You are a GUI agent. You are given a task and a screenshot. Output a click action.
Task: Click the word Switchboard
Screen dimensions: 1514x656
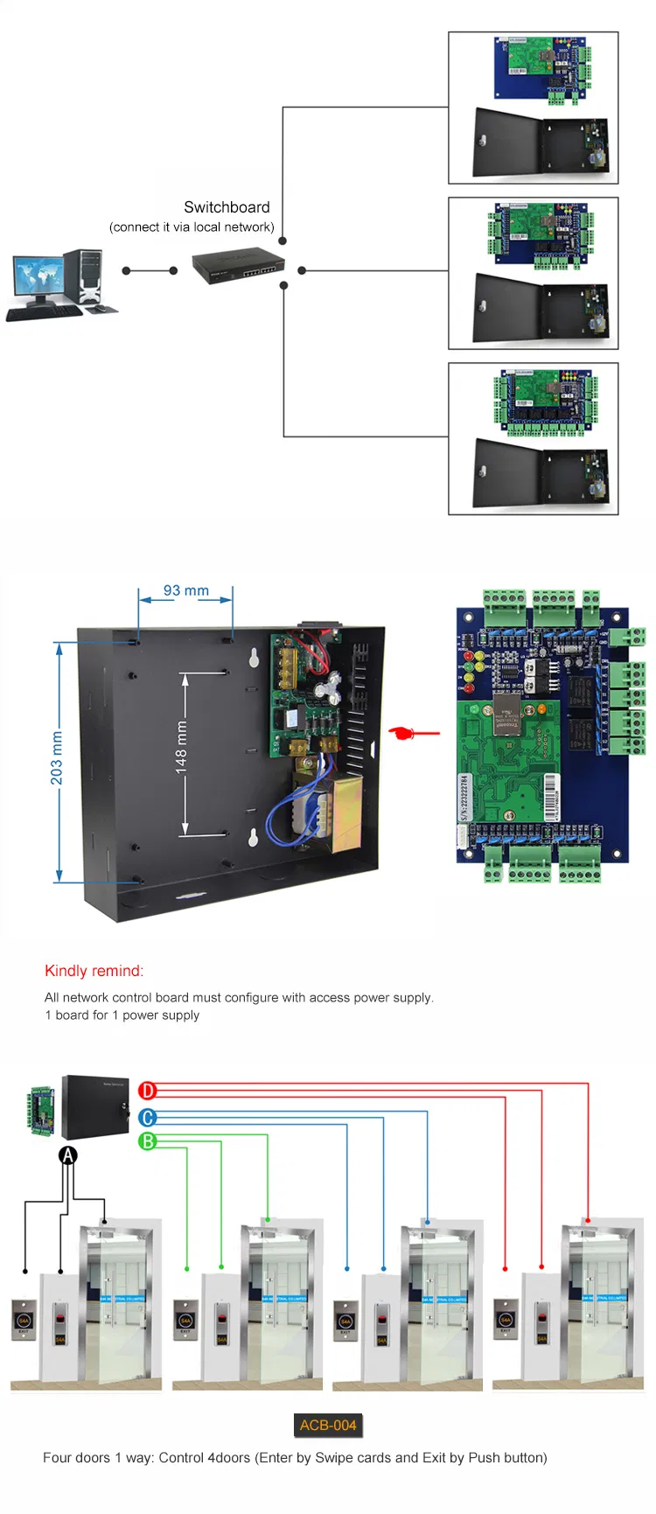(x=227, y=207)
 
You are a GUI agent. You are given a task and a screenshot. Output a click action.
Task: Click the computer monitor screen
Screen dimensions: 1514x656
(x=38, y=276)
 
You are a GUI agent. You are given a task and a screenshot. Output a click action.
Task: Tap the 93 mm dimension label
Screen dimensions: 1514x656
(x=185, y=590)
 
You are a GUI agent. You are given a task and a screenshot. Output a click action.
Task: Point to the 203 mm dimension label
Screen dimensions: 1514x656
(x=56, y=757)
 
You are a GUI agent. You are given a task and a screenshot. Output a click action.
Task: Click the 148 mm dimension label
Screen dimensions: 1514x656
(x=181, y=748)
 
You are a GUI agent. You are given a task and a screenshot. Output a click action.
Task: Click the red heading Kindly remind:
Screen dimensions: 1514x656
(x=94, y=971)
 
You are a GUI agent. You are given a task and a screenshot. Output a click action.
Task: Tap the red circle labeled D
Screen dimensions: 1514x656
(x=148, y=1090)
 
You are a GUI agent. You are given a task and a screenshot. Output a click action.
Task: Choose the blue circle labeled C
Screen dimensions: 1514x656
(x=148, y=1117)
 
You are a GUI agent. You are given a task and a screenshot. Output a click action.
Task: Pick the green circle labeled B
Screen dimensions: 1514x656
(x=148, y=1141)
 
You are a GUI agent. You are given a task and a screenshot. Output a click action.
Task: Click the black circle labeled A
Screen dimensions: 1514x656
(x=67, y=1155)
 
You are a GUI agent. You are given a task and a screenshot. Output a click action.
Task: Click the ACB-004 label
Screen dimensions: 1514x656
(x=328, y=1425)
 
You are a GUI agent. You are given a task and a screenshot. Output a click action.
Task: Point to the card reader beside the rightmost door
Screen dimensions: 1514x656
(x=541, y=1320)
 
